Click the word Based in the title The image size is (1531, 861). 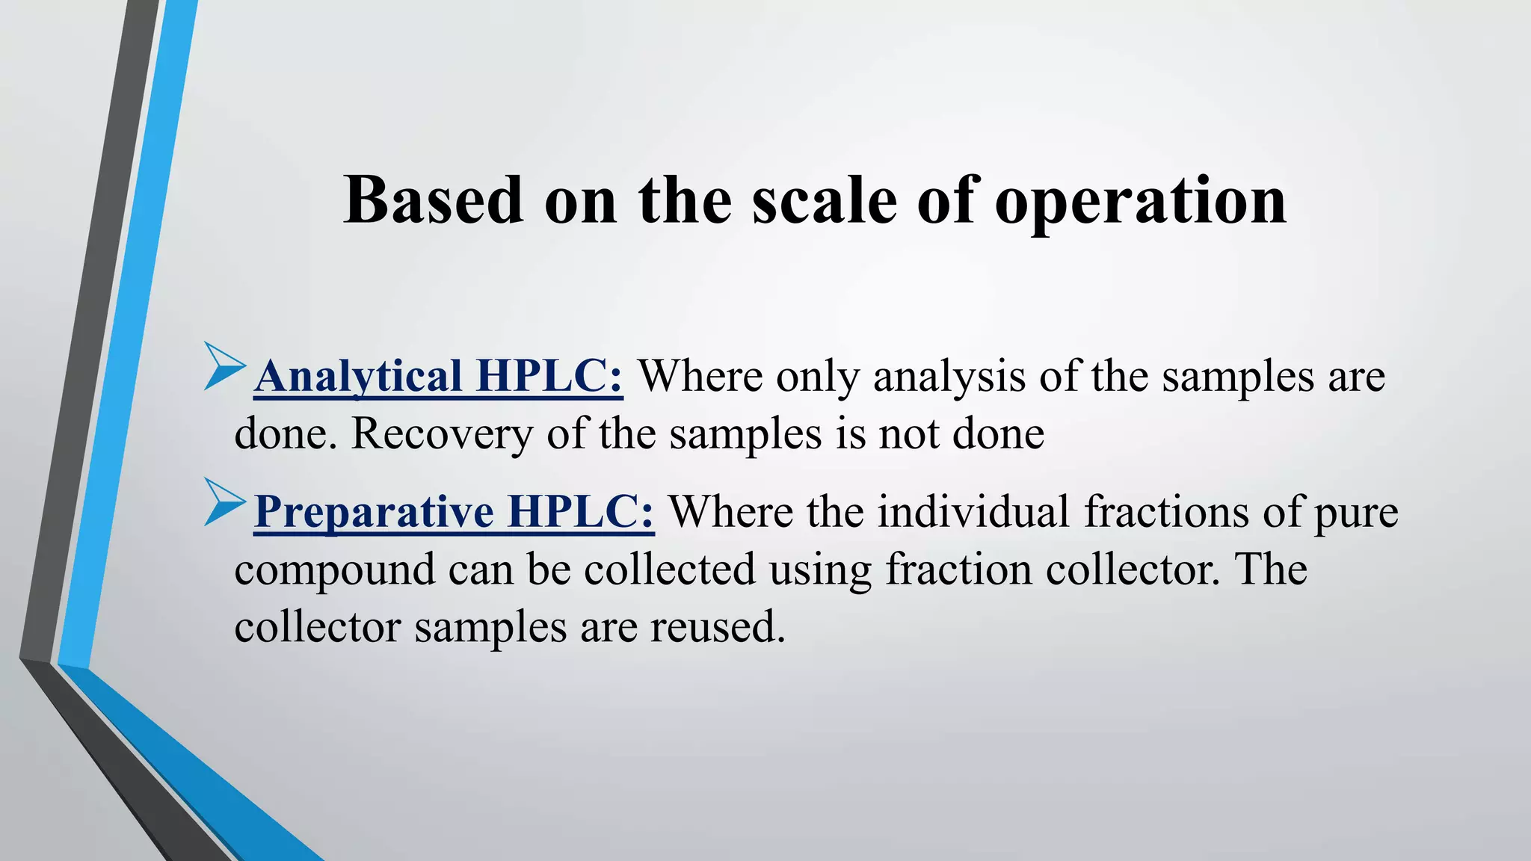coord(433,200)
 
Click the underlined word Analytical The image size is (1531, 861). coord(358,375)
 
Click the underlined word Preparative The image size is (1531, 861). coord(374,512)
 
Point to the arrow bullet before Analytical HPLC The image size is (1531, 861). coord(224,366)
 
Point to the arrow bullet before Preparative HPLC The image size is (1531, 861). coord(224,502)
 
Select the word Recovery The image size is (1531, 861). coord(442,433)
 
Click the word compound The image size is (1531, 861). coord(334,570)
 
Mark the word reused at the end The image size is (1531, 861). coord(717,627)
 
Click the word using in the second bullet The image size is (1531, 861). coord(820,570)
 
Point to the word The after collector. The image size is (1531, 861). coord(1270,569)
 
